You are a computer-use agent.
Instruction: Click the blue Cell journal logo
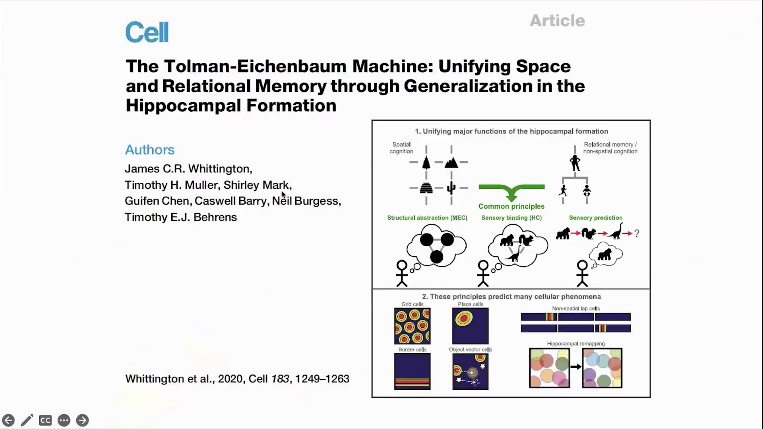147,32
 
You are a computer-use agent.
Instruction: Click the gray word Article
557,21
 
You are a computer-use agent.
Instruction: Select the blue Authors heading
150,150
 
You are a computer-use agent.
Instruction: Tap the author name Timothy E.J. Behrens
181,217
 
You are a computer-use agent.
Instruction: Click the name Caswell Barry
230,201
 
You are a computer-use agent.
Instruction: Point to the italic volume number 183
280,379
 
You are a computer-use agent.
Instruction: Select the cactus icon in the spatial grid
451,187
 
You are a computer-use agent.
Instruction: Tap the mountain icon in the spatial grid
451,162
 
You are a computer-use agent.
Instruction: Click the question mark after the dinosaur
637,234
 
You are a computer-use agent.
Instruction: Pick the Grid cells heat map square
412,326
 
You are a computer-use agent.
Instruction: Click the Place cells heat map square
470,326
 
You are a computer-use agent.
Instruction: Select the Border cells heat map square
412,371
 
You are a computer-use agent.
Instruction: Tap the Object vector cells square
470,371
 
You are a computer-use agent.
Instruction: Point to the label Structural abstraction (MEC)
427,218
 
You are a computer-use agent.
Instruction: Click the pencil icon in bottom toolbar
27,420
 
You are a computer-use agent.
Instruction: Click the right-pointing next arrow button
82,420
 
